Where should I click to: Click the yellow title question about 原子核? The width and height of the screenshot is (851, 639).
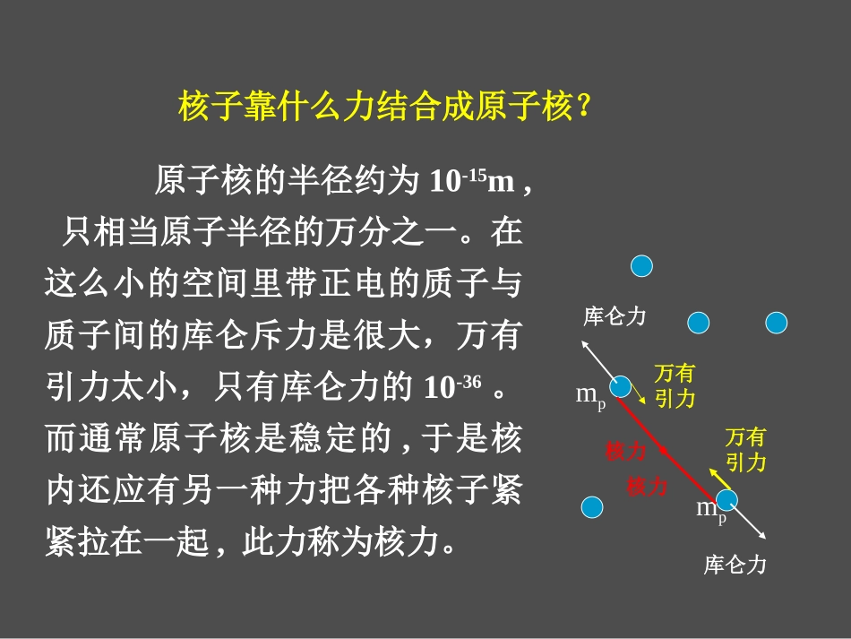384,108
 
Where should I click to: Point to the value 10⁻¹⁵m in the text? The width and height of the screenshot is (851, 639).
471,182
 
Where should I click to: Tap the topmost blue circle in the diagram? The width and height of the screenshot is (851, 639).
641,265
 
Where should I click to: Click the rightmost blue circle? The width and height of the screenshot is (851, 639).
776,323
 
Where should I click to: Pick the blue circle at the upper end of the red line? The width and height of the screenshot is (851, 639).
620,387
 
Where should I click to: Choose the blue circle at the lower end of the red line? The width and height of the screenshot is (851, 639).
726,499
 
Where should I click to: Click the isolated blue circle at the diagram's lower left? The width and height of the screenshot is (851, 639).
592,508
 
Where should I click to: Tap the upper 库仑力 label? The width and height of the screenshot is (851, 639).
615,316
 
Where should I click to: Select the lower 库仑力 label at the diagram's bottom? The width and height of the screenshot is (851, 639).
735,566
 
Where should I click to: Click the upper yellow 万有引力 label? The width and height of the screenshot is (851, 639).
674,386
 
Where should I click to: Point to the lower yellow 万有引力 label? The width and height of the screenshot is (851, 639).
745,450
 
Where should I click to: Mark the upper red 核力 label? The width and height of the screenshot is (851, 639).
624,451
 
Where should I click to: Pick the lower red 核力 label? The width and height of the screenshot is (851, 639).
647,487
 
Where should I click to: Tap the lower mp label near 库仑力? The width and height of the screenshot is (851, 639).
711,510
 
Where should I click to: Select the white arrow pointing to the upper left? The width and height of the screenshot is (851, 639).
597,358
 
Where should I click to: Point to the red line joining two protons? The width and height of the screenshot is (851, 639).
673,444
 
